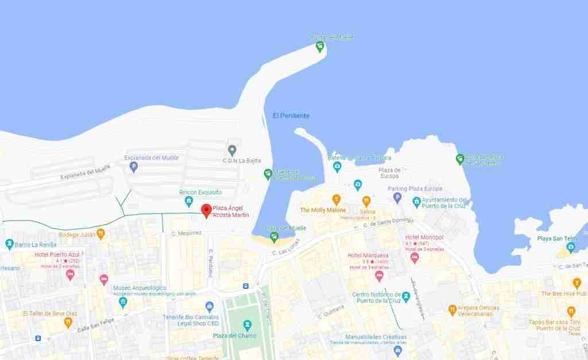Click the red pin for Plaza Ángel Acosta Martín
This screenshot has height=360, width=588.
206,210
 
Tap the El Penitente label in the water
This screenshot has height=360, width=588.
291,116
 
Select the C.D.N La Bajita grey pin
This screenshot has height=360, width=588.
232,150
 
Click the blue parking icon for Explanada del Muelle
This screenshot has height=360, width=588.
134,167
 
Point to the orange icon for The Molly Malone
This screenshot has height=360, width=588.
336,200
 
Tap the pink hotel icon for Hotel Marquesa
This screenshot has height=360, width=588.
379,276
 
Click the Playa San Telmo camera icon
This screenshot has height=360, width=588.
570,247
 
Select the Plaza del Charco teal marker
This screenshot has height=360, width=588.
247,326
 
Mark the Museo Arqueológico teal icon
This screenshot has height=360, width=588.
123,301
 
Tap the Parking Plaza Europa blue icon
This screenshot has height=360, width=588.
397,198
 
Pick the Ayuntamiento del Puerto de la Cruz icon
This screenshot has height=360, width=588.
417,202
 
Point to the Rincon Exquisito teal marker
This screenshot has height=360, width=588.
188,202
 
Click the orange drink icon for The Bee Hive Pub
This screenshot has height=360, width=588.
577,283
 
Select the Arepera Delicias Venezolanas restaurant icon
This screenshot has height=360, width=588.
452,310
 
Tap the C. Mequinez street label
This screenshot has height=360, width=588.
187,233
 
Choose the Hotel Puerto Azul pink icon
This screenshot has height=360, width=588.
70,275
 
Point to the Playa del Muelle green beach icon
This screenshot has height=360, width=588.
274,237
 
